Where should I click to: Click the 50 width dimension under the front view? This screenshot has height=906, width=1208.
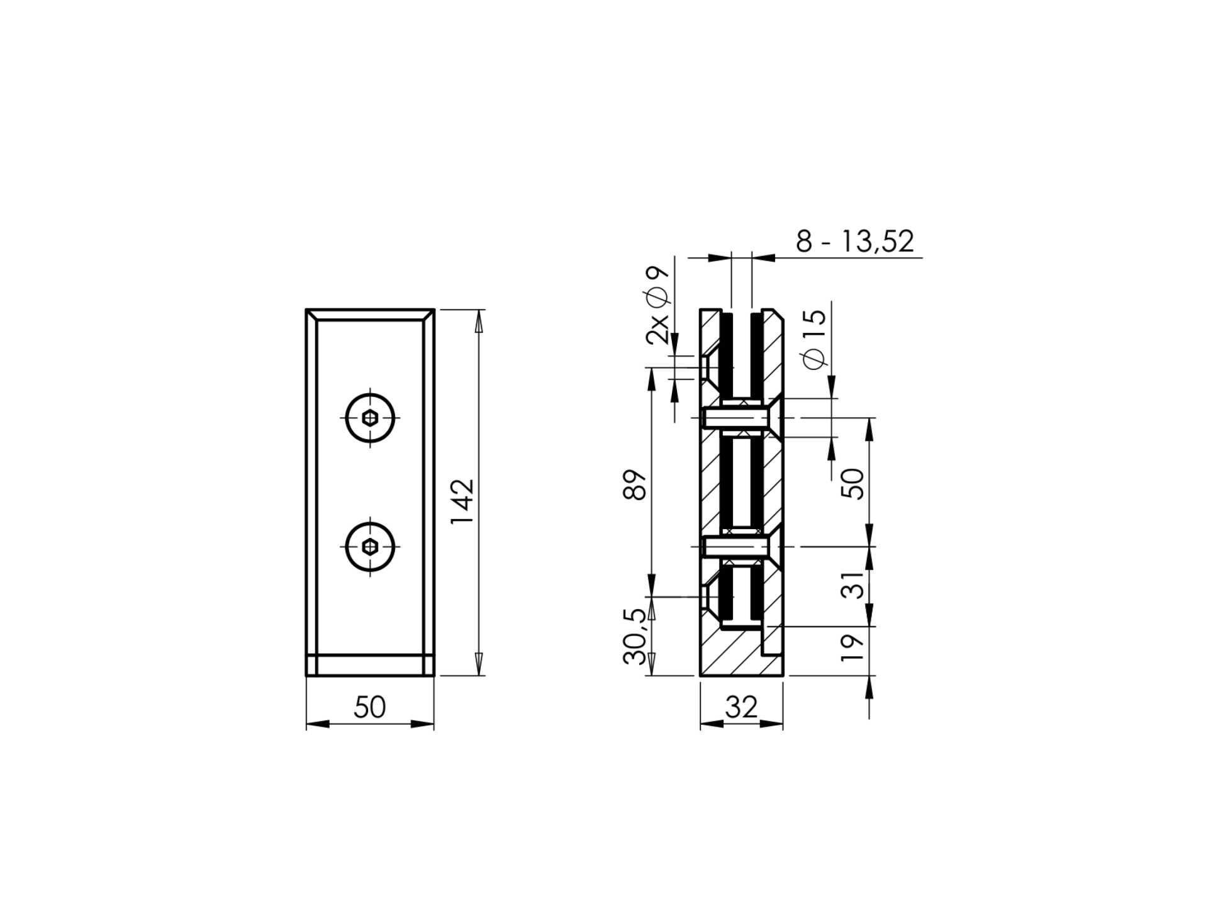tap(369, 707)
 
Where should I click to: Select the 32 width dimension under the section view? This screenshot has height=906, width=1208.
tap(741, 707)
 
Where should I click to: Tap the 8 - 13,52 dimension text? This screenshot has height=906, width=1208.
tap(854, 242)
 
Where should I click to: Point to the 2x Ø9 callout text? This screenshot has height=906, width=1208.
tap(658, 305)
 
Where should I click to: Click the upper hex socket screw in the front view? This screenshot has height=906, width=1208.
tap(370, 417)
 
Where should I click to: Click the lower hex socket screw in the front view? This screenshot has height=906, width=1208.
tap(370, 547)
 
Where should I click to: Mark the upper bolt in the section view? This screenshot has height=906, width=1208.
tap(735, 418)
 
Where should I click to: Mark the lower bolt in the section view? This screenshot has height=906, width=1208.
tap(735, 547)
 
